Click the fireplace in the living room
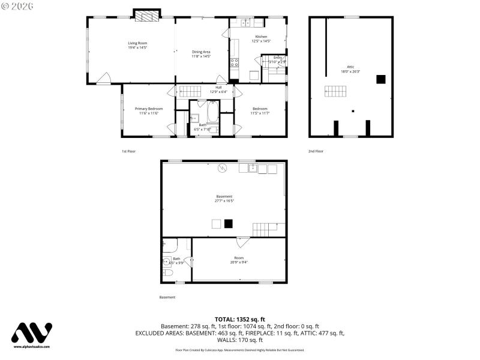(147, 16)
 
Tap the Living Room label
(137, 45)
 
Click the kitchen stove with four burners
(234, 61)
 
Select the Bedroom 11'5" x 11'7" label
(260, 110)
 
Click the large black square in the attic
(380, 79)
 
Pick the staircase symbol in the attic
(335, 91)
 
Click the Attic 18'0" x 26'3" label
(350, 69)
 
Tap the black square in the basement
(228, 223)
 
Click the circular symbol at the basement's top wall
(223, 169)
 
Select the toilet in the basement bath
(167, 273)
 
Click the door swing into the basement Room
(242, 242)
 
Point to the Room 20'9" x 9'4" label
(239, 260)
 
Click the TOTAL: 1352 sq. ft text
(239, 319)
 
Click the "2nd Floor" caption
(316, 151)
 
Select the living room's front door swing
(104, 78)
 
